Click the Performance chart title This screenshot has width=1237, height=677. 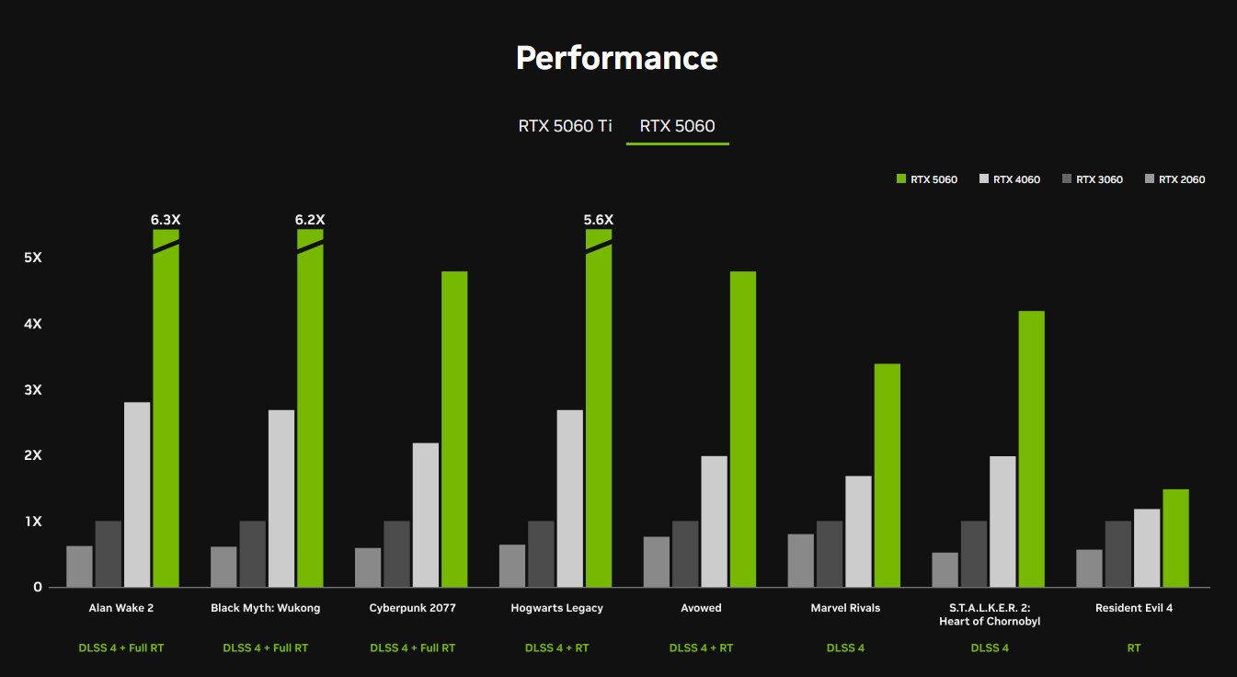click(616, 58)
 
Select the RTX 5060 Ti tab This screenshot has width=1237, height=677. click(565, 126)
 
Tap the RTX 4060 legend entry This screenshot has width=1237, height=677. click(1011, 179)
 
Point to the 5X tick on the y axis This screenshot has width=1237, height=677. click(33, 258)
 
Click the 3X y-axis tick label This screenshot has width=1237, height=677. click(33, 390)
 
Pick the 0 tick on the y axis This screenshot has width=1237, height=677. click(38, 587)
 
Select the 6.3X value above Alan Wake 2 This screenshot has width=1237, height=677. click(166, 220)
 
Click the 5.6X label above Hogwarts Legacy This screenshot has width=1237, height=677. click(599, 220)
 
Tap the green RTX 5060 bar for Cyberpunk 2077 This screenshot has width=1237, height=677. click(454, 429)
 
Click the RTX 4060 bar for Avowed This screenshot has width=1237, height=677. click(714, 522)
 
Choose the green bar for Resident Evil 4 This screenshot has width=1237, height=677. click(1175, 538)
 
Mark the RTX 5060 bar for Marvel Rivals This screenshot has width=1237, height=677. click(888, 476)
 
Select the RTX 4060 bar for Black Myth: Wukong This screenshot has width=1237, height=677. click(281, 499)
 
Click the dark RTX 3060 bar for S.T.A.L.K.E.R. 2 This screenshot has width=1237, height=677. click(974, 554)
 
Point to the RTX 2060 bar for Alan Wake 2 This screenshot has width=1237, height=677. click(79, 567)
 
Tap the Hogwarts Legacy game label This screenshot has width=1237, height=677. click(556, 608)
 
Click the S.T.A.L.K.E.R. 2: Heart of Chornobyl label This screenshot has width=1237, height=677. click(990, 614)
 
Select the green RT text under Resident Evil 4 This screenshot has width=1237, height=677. click(1133, 648)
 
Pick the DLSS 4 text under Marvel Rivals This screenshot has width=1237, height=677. click(845, 648)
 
